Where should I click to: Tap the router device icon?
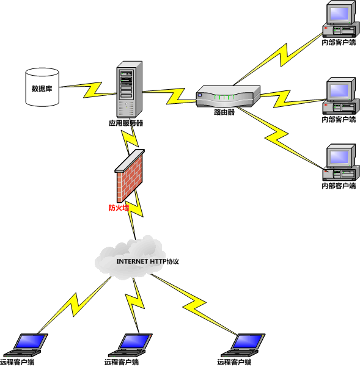[x=228, y=97]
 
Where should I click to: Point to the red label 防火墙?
[x=119, y=208]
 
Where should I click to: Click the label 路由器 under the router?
[x=224, y=112]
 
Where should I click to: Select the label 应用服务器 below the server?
[x=126, y=123]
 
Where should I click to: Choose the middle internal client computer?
[x=339, y=97]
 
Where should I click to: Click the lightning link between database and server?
[x=92, y=88]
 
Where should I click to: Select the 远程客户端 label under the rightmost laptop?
[x=234, y=363]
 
